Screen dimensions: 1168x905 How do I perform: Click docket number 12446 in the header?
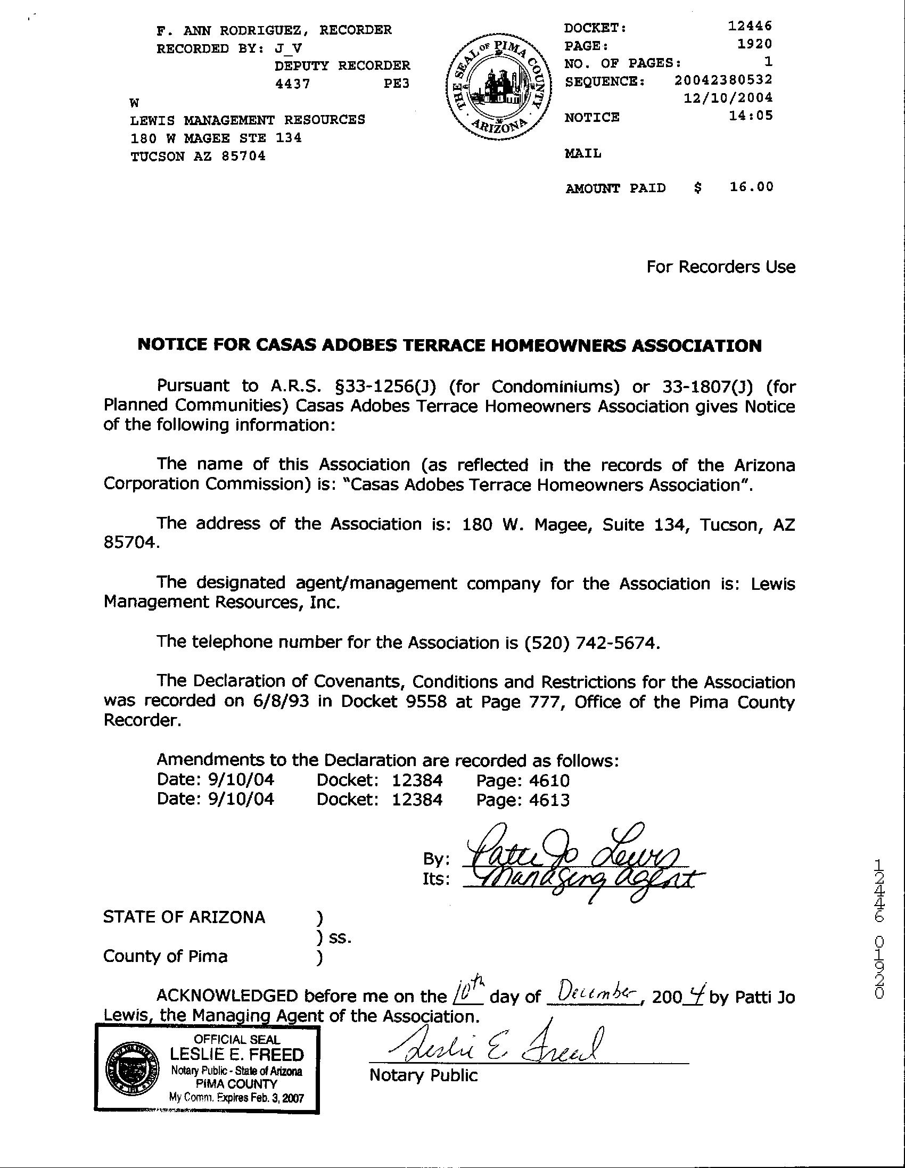(x=751, y=26)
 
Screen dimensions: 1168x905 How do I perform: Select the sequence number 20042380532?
(x=723, y=80)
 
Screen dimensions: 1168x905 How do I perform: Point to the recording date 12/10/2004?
(x=728, y=98)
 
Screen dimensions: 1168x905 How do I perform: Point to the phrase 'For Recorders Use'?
(x=720, y=267)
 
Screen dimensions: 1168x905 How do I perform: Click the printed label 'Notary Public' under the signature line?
(x=423, y=1075)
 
